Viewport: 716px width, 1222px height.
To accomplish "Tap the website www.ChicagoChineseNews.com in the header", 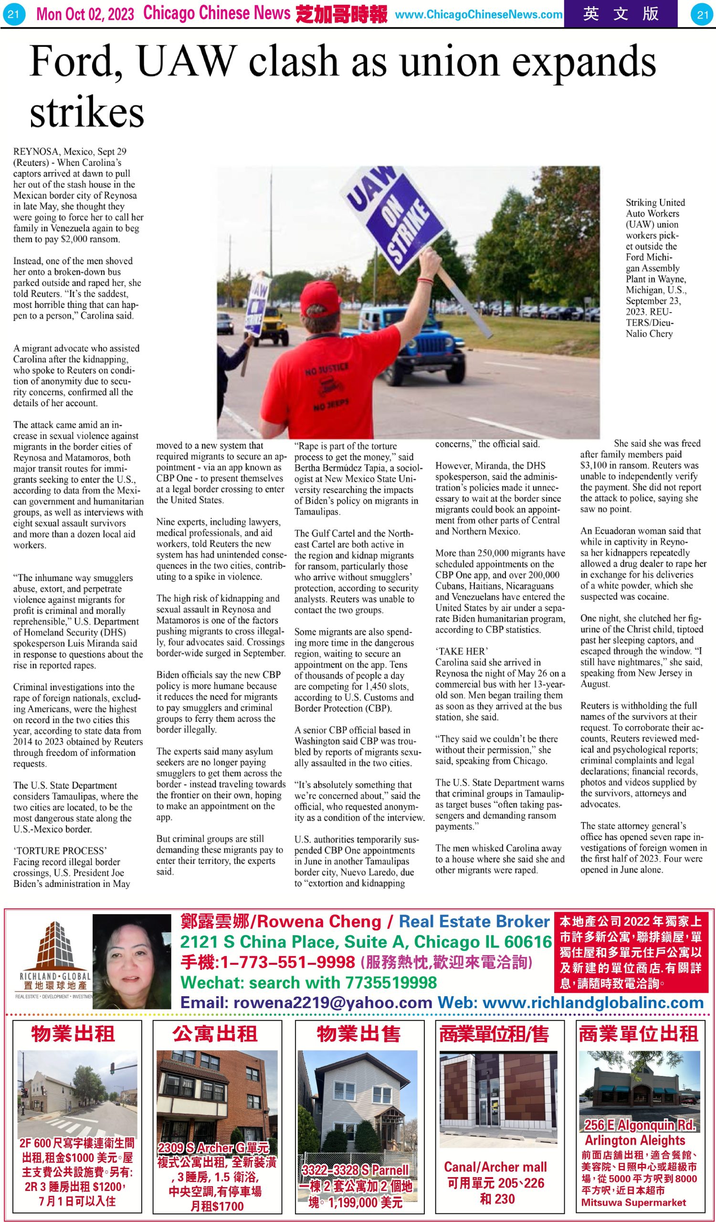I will pyautogui.click(x=478, y=14).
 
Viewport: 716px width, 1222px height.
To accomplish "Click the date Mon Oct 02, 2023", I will pyautogui.click(x=85, y=14).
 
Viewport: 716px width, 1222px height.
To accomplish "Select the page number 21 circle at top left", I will pyautogui.click(x=13, y=14).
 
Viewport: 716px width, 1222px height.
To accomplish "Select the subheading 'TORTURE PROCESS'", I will pyautogui.click(x=60, y=851).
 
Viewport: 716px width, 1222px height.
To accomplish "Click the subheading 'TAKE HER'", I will pyautogui.click(x=462, y=651).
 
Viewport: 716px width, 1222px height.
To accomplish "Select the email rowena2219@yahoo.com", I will pyautogui.click(x=306, y=1002).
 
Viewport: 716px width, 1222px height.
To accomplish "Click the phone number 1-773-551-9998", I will pyautogui.click(x=268, y=961).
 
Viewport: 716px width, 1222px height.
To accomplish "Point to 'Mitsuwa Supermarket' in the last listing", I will pyautogui.click(x=633, y=1202).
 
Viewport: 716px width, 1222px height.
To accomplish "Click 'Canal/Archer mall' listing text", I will pyautogui.click(x=495, y=1167).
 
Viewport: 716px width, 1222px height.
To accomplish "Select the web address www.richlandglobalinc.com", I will pyautogui.click(x=593, y=1002).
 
